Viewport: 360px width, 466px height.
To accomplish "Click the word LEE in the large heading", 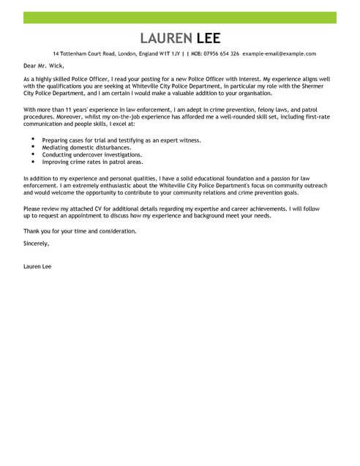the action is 206,38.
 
